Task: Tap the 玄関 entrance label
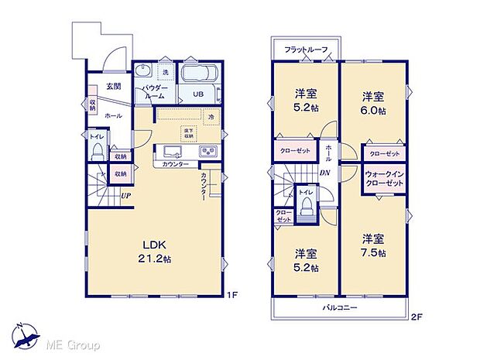pos(113,87)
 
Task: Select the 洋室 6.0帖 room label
pos(374,104)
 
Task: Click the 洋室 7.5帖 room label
pos(374,245)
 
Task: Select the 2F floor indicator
pos(417,317)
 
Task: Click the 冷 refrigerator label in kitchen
pos(211,117)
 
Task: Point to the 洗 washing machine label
pos(165,72)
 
